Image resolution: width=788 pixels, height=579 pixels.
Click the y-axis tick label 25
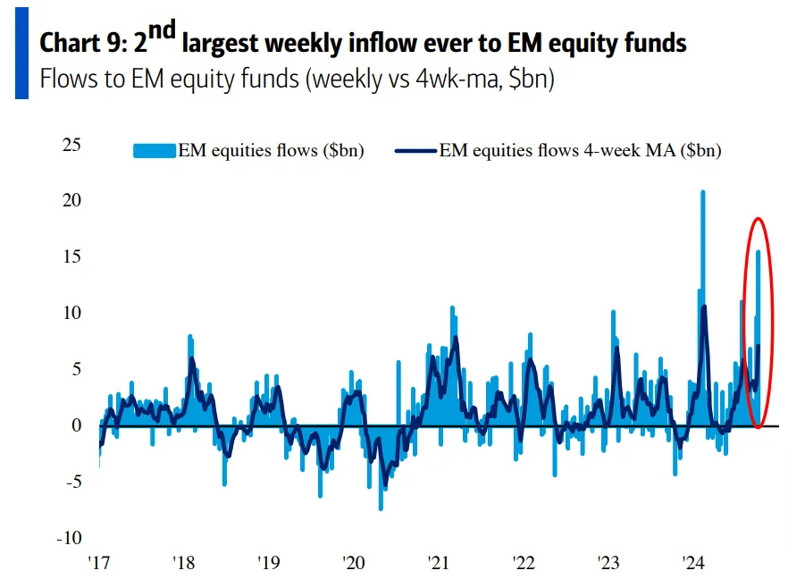[x=71, y=144]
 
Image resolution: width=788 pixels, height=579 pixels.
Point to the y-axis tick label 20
[x=71, y=200]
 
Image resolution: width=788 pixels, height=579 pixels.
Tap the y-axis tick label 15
[x=71, y=256]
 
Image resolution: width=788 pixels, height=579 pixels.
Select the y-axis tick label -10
[x=68, y=538]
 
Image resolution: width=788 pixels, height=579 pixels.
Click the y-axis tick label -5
[x=73, y=482]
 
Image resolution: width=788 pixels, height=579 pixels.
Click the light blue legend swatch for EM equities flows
[x=154, y=151]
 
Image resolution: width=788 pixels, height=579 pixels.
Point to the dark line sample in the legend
[x=415, y=151]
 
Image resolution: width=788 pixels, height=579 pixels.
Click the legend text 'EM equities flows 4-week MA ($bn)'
[x=580, y=151]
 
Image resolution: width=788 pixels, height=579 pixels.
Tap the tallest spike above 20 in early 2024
[x=703, y=193]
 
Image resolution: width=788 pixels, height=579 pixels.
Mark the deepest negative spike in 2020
[x=381, y=508]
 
